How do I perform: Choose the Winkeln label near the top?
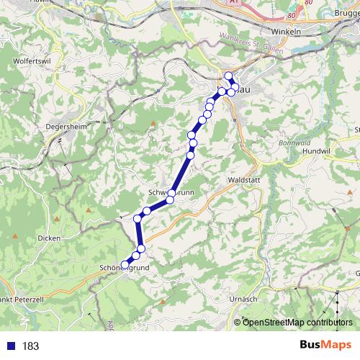(x=285, y=32)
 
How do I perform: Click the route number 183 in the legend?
(x=30, y=346)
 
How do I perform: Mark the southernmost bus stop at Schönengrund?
(x=125, y=265)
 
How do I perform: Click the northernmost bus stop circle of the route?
(x=228, y=76)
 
